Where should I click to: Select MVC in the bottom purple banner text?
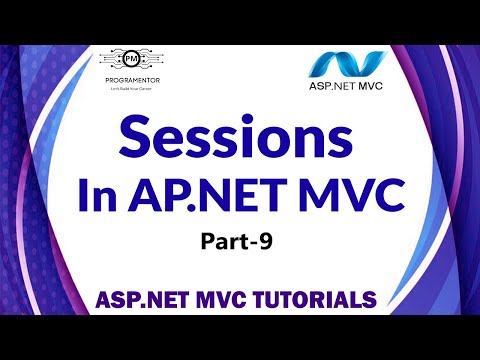point(224,299)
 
